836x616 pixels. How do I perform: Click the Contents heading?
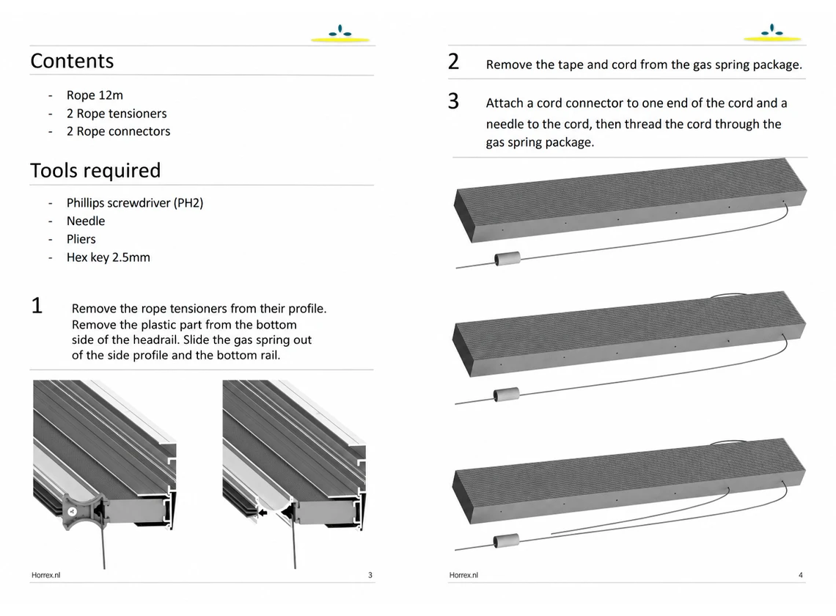click(72, 61)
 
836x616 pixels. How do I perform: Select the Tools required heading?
click(95, 171)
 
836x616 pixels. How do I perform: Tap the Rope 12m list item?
click(95, 95)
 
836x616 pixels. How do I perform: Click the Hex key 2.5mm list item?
click(109, 257)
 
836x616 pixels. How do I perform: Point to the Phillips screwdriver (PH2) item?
click(135, 203)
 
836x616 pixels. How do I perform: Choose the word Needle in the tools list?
click(86, 221)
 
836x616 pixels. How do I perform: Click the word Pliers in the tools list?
click(81, 239)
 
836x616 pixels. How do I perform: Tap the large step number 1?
click(37, 306)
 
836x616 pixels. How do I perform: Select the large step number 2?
click(453, 62)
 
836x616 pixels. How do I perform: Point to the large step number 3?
click(453, 100)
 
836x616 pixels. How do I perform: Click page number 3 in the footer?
click(370, 575)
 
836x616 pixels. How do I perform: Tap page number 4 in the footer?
click(800, 575)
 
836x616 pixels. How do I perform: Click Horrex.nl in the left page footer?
click(46, 575)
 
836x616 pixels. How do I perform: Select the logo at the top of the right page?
click(772, 33)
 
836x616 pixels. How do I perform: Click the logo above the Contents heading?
click(340, 34)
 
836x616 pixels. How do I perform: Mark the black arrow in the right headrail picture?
click(262, 513)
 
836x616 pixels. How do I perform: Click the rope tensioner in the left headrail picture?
click(83, 511)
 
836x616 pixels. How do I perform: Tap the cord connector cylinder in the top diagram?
click(507, 259)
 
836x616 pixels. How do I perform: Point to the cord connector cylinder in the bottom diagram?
click(506, 540)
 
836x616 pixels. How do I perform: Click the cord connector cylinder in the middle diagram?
click(506, 395)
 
